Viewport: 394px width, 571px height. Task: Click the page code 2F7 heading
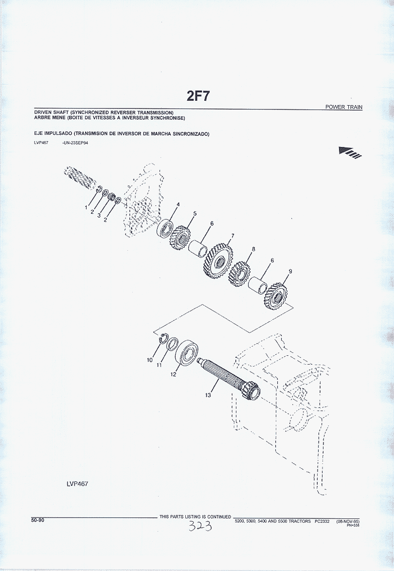198,96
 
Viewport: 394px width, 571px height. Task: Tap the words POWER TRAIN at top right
344,107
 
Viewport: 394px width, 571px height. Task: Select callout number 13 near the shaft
208,395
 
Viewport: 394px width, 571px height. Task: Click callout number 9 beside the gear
290,271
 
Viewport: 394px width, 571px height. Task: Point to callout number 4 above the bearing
178,204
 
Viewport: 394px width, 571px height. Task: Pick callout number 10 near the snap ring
150,360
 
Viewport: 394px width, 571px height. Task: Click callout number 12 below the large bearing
174,374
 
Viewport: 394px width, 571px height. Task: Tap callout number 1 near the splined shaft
86,207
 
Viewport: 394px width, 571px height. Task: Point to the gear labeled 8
239,274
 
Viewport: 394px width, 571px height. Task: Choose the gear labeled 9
276,296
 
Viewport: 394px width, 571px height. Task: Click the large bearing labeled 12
187,352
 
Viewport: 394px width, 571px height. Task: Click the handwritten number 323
200,526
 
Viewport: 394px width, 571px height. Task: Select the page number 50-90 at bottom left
37,520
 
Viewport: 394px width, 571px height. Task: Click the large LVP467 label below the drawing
77,483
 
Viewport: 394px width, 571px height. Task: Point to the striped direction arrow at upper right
350,152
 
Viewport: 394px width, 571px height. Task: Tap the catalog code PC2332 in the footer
322,521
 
